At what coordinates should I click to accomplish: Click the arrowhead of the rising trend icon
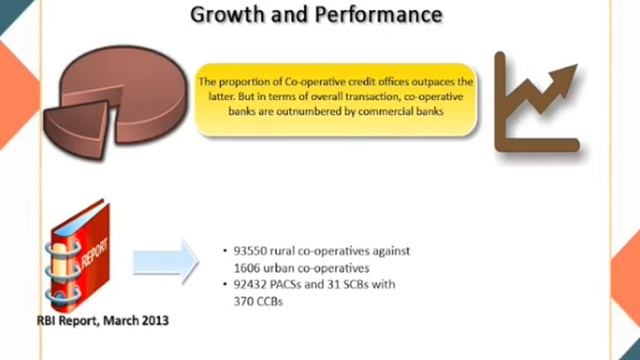point(567,74)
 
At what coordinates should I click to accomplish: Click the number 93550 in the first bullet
point(253,251)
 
